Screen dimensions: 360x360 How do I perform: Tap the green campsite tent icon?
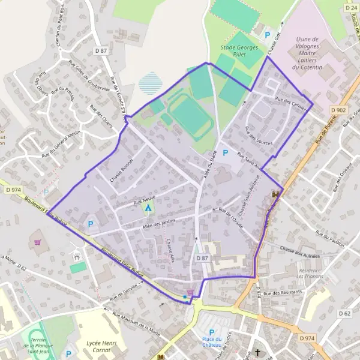tap(148, 208)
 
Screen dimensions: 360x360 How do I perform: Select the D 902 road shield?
tap(338, 110)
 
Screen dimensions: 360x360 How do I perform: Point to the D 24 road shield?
tap(351, 8)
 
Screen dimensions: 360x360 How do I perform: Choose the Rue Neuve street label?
tap(145, 197)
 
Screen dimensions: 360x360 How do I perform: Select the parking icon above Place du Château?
tap(211, 332)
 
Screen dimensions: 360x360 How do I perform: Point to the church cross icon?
tap(259, 353)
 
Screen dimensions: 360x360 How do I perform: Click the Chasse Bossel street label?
tap(121, 171)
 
